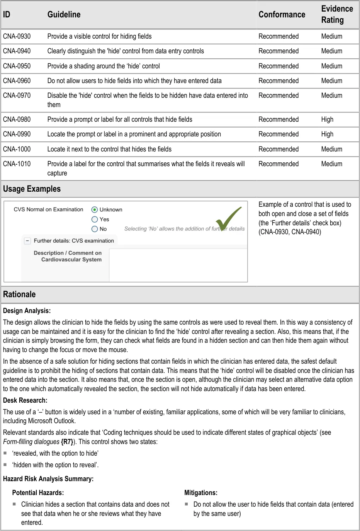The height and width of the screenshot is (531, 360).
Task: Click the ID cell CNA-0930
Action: click(17, 36)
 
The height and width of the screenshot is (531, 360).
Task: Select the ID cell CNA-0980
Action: click(17, 119)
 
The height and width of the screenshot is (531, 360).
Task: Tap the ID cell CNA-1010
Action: click(17, 164)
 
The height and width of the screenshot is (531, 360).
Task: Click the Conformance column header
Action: click(282, 15)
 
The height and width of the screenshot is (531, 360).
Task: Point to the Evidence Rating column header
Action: click(337, 14)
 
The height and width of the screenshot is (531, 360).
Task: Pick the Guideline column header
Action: click(64, 15)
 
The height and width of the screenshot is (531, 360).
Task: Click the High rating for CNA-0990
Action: click(327, 134)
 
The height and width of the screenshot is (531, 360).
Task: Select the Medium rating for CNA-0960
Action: click(331, 81)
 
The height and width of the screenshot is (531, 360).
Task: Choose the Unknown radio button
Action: click(95, 209)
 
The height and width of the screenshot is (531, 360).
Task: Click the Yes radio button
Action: click(95, 219)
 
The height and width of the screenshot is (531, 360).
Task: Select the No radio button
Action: click(95, 229)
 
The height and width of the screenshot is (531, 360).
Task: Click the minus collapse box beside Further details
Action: click(27, 241)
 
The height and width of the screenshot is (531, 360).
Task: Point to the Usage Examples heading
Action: click(32, 189)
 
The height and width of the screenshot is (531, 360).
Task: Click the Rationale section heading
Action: click(19, 294)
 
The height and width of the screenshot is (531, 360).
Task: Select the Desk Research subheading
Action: click(25, 400)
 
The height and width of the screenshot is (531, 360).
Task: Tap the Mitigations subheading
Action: click(201, 493)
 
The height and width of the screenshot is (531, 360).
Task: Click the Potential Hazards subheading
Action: click(38, 493)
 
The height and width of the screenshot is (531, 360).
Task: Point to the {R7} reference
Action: click(67, 442)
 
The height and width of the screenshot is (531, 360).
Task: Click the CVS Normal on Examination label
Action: click(49, 209)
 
